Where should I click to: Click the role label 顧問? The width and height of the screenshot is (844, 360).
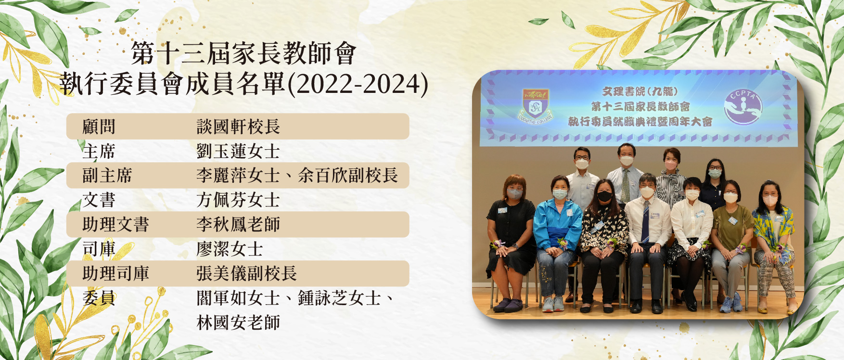click(99, 127)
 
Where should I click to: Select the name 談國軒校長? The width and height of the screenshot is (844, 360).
click(238, 127)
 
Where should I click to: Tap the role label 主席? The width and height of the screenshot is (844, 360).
click(99, 152)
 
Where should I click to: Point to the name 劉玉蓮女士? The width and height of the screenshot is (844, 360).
click(238, 152)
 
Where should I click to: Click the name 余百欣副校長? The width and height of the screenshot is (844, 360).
click(348, 176)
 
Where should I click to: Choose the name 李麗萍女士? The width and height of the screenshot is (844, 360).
click(238, 176)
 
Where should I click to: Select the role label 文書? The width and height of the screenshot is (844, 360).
click(99, 200)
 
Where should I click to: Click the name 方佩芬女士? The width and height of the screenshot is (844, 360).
click(238, 200)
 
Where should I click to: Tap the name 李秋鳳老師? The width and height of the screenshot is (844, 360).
click(238, 225)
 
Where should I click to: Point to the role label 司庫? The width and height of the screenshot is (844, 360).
click(99, 249)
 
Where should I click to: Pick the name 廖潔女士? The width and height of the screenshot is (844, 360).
click(230, 249)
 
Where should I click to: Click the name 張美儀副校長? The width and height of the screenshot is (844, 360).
click(246, 274)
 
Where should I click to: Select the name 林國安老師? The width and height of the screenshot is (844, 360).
click(238, 323)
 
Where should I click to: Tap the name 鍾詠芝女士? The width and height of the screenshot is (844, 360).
click(339, 298)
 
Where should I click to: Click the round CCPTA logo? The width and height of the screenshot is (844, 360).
click(743, 106)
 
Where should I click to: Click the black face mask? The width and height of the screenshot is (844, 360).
click(604, 196)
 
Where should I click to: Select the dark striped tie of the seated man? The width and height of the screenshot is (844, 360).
click(645, 222)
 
